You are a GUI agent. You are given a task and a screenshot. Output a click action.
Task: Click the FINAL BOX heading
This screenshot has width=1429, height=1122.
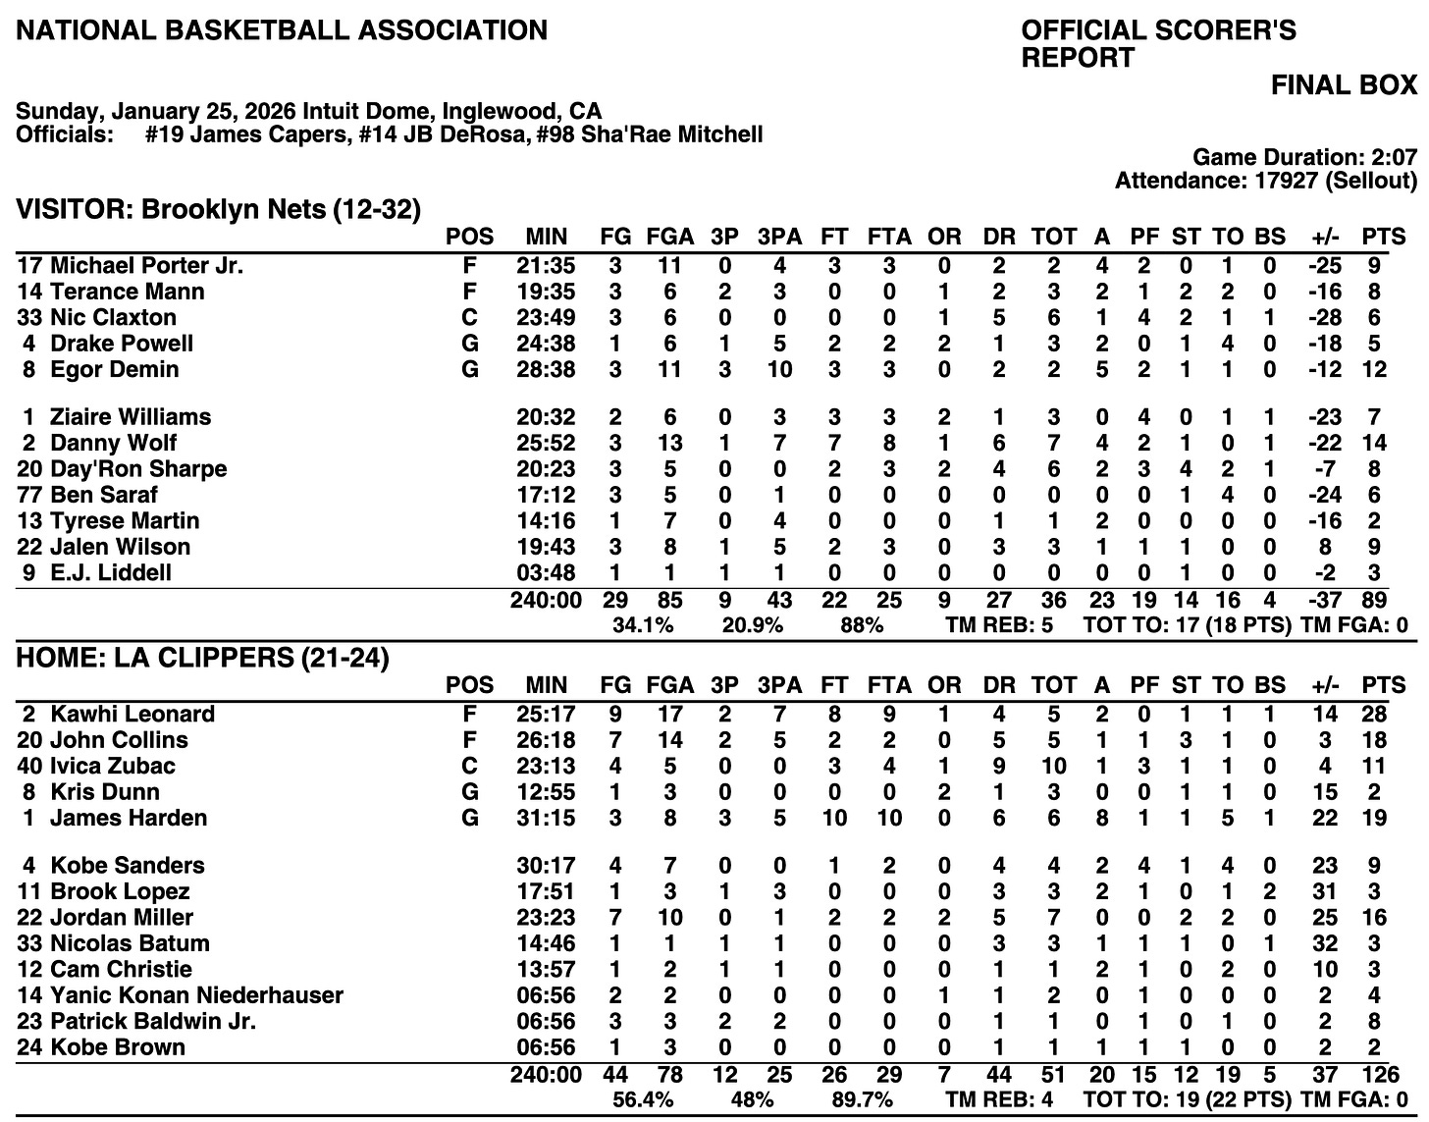pos(1344,85)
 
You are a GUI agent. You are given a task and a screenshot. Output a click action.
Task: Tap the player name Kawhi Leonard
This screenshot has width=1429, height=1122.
pos(132,714)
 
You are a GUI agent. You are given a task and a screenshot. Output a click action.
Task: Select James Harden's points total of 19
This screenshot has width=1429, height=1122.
pos(1374,818)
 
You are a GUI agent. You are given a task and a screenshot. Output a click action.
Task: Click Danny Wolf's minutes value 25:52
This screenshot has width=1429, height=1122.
pos(546,443)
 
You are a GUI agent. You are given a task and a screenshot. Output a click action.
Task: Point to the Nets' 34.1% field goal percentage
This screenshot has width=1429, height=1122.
pos(643,624)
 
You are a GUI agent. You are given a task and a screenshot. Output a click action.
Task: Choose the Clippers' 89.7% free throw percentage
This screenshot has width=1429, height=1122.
pos(861,1100)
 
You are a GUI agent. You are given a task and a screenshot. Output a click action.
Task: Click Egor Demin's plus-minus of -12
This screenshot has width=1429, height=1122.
pos(1325,369)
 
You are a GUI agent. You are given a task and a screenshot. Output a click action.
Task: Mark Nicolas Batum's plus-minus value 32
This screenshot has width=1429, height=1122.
pos(1325,943)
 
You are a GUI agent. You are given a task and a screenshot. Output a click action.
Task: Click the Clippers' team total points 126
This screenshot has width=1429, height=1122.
pos(1374,1075)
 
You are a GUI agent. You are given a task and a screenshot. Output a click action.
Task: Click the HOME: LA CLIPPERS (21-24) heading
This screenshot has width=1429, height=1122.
pos(203,658)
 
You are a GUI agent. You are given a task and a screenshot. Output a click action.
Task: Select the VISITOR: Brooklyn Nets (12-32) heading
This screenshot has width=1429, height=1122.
pos(219,209)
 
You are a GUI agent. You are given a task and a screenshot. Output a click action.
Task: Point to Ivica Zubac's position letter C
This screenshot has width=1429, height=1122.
pos(469,766)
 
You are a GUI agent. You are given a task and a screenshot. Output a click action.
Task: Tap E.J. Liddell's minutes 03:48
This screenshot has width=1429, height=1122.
pos(546,572)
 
